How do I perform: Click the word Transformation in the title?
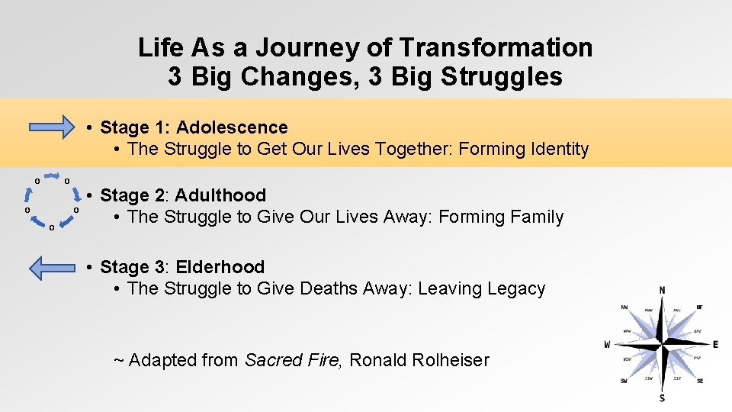click(496, 47)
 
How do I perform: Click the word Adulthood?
click(221, 195)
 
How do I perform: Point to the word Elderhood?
click(220, 267)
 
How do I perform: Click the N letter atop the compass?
click(662, 291)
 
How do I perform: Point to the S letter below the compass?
click(662, 398)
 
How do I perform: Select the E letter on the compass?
click(714, 345)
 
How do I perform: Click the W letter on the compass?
click(608, 344)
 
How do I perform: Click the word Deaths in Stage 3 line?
click(332, 289)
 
